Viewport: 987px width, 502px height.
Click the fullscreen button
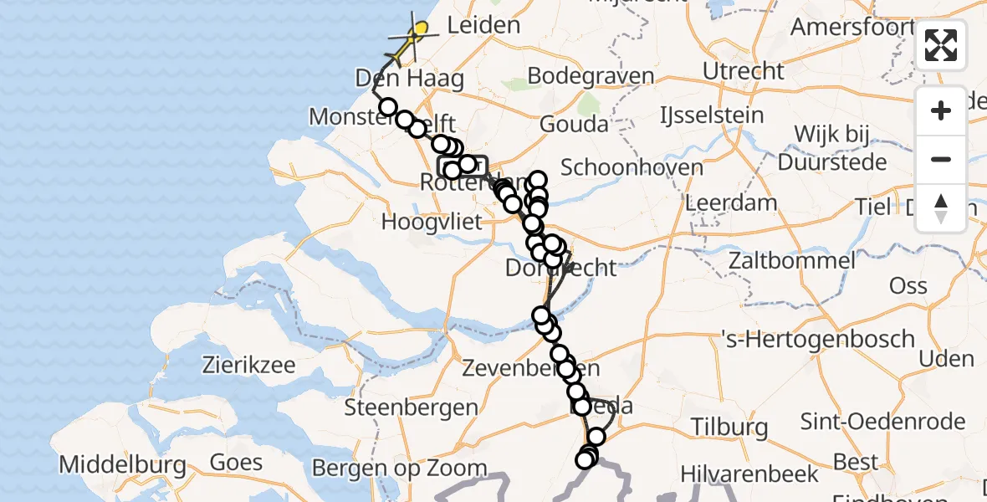point(941,45)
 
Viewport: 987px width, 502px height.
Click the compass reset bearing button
point(941,208)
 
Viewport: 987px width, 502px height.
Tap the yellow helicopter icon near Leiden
point(415,34)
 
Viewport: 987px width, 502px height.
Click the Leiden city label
point(483,26)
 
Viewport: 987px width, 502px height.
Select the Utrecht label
point(744,71)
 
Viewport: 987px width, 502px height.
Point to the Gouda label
point(574,125)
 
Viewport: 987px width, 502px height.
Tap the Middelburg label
point(122,464)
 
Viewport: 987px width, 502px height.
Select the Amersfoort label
point(851,27)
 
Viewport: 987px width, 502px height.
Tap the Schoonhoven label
point(632,167)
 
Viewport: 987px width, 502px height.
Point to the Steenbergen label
point(411,408)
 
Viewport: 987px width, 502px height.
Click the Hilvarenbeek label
point(749,474)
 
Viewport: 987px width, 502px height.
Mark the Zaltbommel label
point(791,260)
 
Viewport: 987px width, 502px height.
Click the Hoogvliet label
point(432,223)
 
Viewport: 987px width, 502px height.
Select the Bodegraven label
point(591,77)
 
